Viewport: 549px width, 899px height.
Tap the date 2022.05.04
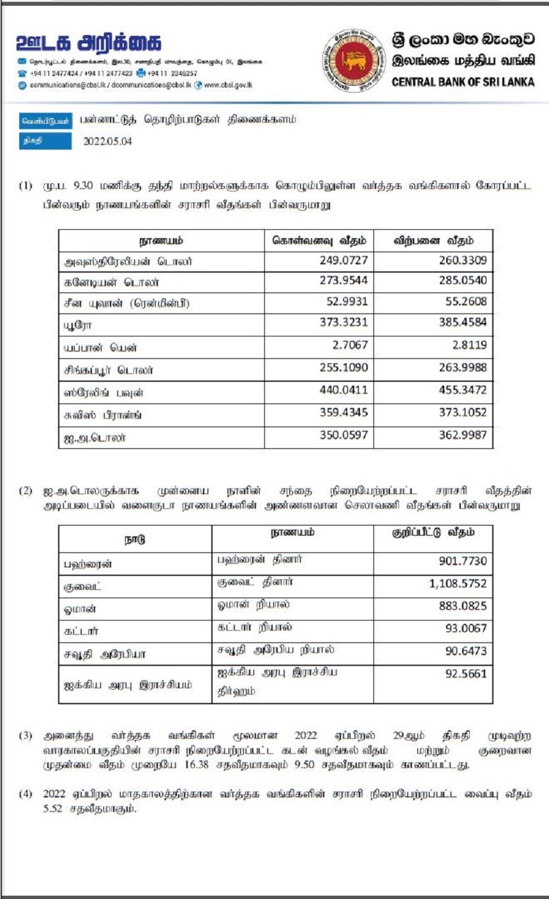108,142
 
